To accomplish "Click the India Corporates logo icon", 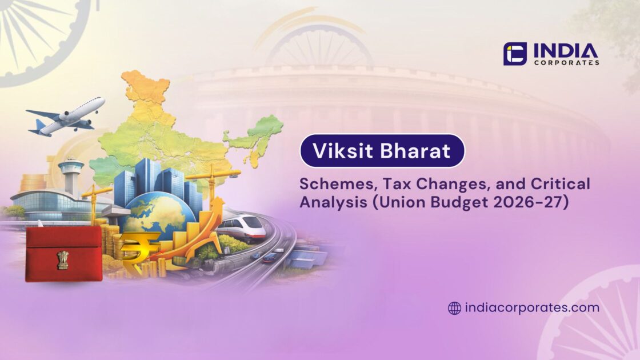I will [x=515, y=54].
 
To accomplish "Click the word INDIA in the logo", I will [x=566, y=50].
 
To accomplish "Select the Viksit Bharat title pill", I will [x=382, y=151].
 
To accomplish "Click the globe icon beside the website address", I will [x=454, y=308].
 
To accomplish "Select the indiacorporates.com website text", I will [x=531, y=308].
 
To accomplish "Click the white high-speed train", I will [x=242, y=226].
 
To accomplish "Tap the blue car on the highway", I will [x=269, y=258].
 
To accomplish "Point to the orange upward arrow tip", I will [x=217, y=202].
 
